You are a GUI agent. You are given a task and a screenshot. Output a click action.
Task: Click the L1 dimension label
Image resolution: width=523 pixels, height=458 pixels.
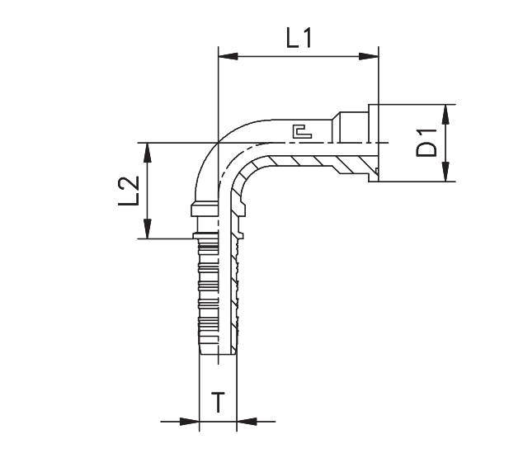[298, 37]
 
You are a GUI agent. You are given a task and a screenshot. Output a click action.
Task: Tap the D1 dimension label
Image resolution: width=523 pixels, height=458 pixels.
[426, 142]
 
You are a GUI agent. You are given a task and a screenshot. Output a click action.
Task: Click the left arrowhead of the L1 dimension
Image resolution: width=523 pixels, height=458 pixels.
[225, 57]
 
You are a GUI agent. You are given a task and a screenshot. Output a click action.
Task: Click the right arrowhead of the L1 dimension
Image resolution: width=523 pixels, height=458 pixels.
[370, 57]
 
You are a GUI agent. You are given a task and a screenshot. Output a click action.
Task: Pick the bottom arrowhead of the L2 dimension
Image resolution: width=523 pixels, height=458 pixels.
[148, 232]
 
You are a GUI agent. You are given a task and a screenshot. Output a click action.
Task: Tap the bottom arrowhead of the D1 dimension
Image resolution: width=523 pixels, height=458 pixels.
[446, 174]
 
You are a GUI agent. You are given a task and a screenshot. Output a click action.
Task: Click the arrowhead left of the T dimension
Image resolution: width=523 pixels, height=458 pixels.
[193, 423]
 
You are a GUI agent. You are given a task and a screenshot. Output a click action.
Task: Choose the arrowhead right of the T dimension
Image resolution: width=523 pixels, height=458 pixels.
[244, 423]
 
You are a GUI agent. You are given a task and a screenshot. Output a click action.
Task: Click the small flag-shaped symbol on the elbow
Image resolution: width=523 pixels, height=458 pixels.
[300, 130]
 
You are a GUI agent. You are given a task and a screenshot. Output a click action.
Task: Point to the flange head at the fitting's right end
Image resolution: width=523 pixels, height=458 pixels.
[373, 142]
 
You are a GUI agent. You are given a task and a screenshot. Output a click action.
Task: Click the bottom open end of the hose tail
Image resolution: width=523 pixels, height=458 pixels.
[219, 355]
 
